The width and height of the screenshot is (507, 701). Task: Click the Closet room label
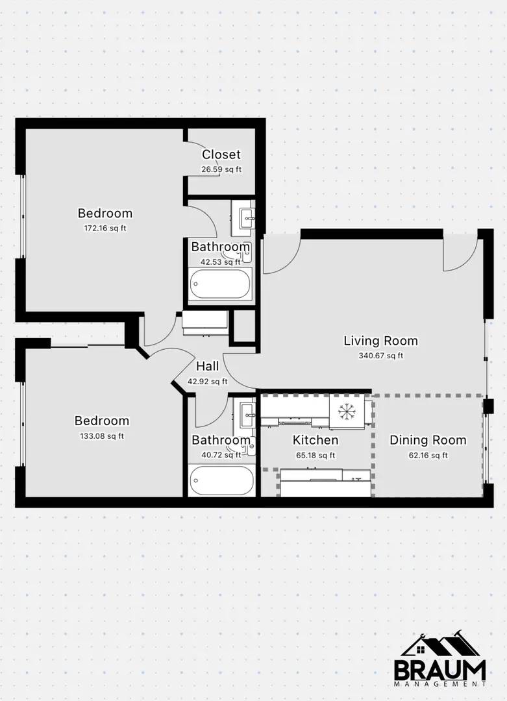(221, 154)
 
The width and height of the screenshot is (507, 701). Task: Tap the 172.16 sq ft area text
(105, 228)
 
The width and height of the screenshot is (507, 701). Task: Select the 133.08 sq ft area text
(102, 436)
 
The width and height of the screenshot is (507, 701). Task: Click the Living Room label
(381, 341)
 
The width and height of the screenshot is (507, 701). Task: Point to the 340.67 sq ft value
(381, 356)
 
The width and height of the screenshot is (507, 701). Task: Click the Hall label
(208, 367)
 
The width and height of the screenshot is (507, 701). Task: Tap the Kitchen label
(315, 440)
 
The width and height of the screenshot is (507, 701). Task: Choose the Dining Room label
(428, 440)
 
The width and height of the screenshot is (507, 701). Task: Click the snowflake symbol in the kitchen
(346, 412)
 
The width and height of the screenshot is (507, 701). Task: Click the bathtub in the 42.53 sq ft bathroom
(220, 284)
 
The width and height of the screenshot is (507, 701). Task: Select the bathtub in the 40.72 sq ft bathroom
(221, 480)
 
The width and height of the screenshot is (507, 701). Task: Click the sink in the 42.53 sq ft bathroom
(248, 219)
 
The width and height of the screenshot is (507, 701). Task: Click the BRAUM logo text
(439, 670)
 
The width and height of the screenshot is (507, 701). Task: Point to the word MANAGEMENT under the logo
(439, 684)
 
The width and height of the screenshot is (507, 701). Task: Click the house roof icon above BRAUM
(440, 645)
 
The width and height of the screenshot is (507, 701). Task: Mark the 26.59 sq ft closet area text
(221, 169)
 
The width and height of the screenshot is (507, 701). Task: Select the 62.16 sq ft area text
(428, 456)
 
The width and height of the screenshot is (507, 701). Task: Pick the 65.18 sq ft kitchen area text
(315, 456)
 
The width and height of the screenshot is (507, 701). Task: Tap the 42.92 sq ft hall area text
(208, 382)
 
